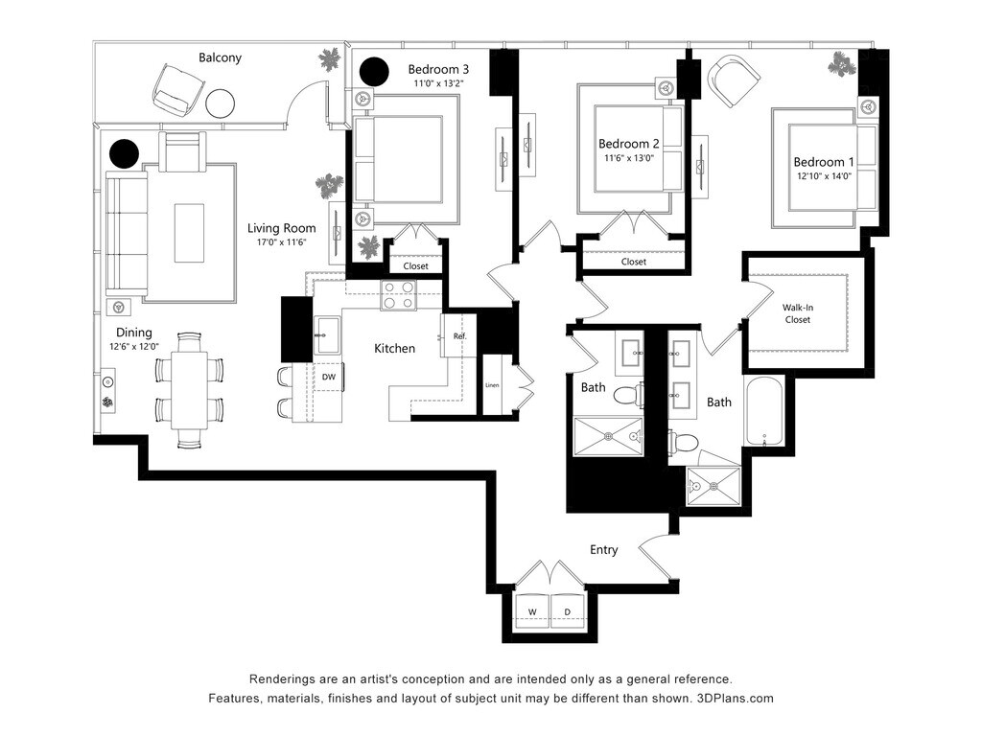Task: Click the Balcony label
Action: [x=220, y=57]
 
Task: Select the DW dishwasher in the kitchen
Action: [x=328, y=378]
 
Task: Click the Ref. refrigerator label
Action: [x=459, y=336]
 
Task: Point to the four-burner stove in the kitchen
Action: [x=398, y=296]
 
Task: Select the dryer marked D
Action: [x=567, y=611]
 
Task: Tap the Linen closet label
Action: [x=492, y=385]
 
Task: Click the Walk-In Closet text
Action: [x=797, y=313]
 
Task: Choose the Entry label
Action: [x=603, y=550]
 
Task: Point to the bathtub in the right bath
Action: [x=763, y=413]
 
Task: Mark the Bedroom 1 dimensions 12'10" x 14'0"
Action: [x=822, y=177]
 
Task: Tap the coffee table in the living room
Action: [x=189, y=233]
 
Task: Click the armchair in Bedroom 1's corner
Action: [x=734, y=80]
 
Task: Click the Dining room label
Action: [x=134, y=333]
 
